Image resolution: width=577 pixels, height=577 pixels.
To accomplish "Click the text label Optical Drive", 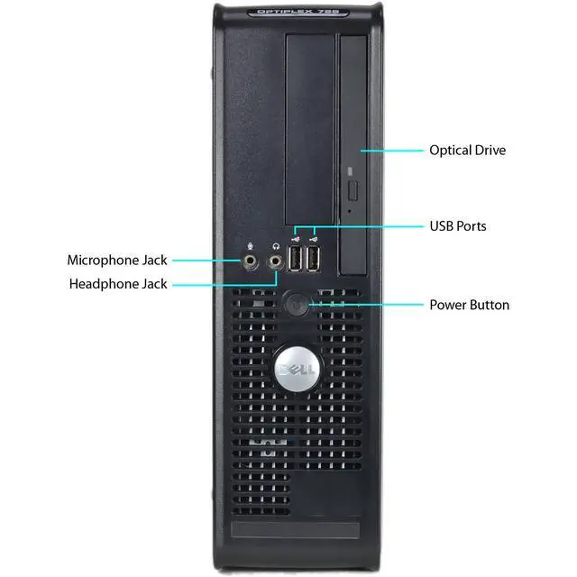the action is pos(467,151).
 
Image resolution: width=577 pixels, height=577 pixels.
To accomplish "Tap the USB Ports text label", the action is pos(457,225).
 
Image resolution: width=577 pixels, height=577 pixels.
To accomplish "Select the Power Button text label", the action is pos(469,305).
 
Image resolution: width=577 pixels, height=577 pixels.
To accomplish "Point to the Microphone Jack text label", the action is pos(117,260).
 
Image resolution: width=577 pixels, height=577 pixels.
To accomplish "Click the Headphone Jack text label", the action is pos(118,284).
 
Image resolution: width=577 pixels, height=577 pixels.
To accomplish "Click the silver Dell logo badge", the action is pos(296,370).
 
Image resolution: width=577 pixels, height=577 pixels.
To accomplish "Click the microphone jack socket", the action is pos(252,261).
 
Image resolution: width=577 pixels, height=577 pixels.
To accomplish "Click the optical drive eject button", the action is pos(353,191).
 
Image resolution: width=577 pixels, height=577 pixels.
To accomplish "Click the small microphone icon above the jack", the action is pos(251,243).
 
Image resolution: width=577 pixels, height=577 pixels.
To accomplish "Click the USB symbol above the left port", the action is pos(295,240).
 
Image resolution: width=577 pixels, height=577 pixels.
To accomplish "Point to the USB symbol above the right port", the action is pos(312,240).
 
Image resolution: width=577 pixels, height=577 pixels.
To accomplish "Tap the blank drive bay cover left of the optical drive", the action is pos(309,117).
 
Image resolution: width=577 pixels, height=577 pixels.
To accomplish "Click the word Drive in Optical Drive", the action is pos(488,151).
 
